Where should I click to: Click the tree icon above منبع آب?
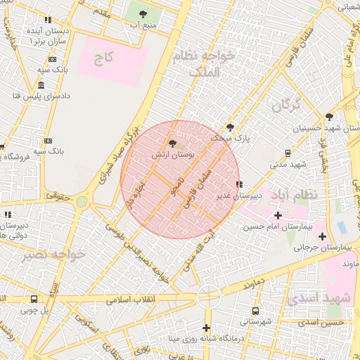click(143, 13)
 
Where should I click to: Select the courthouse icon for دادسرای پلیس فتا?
click(41, 85)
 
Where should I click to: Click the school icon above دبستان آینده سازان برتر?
click(48, 21)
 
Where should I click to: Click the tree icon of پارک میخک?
click(230, 127)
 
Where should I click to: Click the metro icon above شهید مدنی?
click(288, 153)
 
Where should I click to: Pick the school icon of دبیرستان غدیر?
click(240, 184)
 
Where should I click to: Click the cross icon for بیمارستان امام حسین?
click(278, 215)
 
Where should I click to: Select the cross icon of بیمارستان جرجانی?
click(323, 236)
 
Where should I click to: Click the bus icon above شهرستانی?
click(255, 310)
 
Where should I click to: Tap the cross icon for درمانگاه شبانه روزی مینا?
click(206, 328)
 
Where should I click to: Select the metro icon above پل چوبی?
click(34, 299)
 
